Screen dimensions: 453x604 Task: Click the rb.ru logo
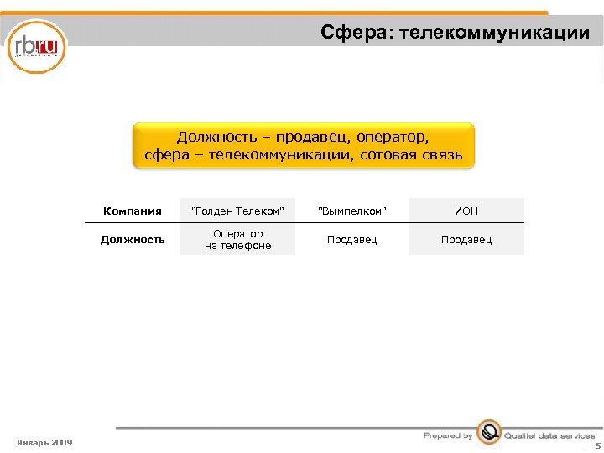[36, 46]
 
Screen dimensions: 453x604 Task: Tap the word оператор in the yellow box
[393, 137]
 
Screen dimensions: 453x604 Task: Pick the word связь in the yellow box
[442, 155]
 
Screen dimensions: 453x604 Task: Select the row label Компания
[132, 211]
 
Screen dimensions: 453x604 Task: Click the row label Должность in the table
[133, 240]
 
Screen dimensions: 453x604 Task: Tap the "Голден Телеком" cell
[238, 211]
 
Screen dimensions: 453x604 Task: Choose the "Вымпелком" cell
[352, 211]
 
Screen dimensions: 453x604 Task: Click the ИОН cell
[466, 211]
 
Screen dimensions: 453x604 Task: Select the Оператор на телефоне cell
[238, 240]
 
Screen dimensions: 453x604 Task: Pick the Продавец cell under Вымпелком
[352, 240]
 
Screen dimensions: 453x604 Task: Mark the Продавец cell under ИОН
[466, 240]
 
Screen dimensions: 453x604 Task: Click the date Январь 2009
[44, 442]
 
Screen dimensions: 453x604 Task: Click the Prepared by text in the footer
[448, 436]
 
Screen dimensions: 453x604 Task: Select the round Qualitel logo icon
[488, 433]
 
